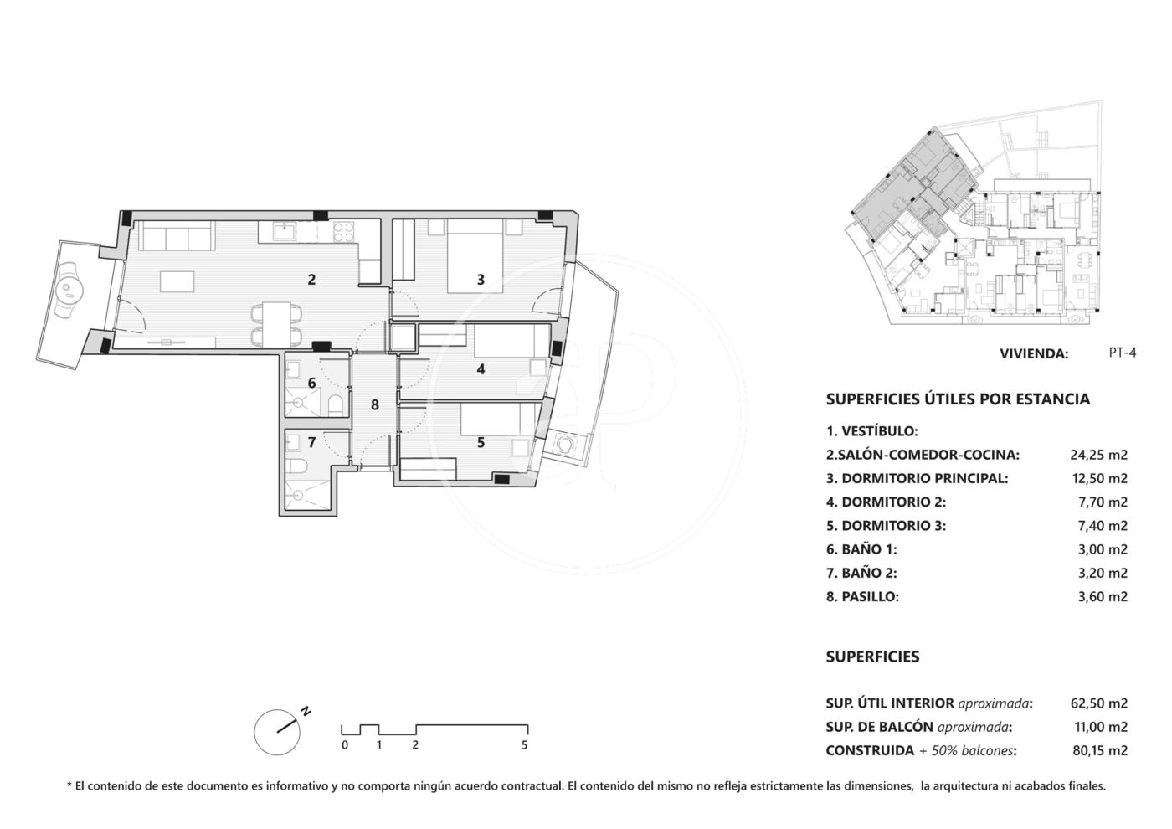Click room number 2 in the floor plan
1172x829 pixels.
tap(311, 280)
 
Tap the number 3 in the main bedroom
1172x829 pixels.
tap(481, 280)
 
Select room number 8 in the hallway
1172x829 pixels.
tap(375, 404)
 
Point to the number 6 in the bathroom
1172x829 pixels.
tap(311, 384)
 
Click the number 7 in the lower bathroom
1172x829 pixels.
tap(311, 442)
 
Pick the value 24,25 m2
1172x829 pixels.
tap(1098, 455)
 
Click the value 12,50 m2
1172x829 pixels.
tap(1098, 478)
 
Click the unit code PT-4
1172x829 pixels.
tap(1123, 353)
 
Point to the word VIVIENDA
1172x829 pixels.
tap(1034, 353)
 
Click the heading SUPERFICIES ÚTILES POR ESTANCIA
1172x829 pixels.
tap(958, 399)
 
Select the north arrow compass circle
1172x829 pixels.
tap(277, 732)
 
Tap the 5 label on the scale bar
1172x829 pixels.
tap(525, 745)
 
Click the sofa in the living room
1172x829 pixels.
tap(176, 236)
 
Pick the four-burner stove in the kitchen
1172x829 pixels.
tap(344, 232)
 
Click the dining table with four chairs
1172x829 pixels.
tap(276, 326)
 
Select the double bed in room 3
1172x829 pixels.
tap(475, 256)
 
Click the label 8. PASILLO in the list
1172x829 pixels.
tap(863, 596)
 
